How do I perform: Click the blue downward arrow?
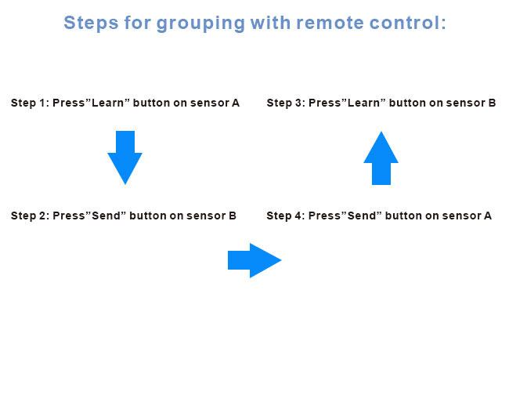coord(125,158)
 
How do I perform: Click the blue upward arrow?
coord(381,158)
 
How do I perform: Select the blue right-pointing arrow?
coord(254,260)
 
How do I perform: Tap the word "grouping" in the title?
coord(200,24)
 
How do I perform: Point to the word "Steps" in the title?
coord(91,23)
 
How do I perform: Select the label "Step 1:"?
coord(30,103)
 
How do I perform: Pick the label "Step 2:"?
coord(30,216)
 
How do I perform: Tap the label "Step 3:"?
coord(286,103)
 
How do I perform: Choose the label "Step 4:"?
coord(286,216)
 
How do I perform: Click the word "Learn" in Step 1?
coord(108,103)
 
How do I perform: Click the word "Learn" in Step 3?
coord(363,103)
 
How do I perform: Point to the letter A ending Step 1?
coord(236,103)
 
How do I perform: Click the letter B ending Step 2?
coord(233,216)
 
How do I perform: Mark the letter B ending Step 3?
coord(492,103)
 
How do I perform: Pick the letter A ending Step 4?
coord(488,216)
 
